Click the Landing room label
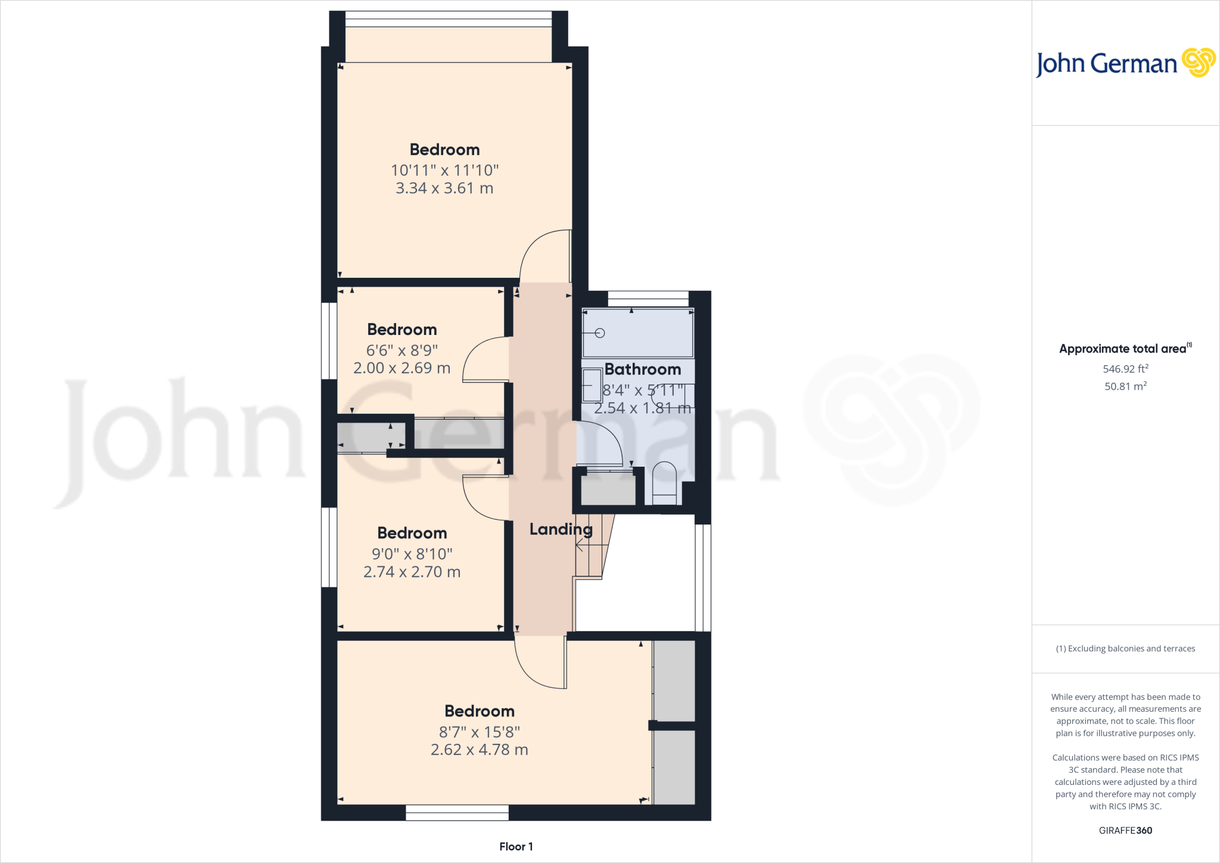(x=561, y=529)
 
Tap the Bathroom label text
(x=642, y=370)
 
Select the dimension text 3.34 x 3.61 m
(x=444, y=188)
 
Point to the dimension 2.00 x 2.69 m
(x=402, y=368)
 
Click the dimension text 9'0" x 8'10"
(x=412, y=554)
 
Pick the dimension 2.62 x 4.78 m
(x=479, y=750)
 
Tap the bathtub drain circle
(x=600, y=333)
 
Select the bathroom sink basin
(x=592, y=385)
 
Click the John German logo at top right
(x=1125, y=63)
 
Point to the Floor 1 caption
(x=516, y=846)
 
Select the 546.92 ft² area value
(x=1125, y=369)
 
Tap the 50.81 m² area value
(x=1125, y=386)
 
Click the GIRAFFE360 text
(x=1125, y=830)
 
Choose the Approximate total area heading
(x=1125, y=349)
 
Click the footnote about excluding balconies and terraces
(x=1125, y=648)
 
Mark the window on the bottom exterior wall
(x=457, y=812)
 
